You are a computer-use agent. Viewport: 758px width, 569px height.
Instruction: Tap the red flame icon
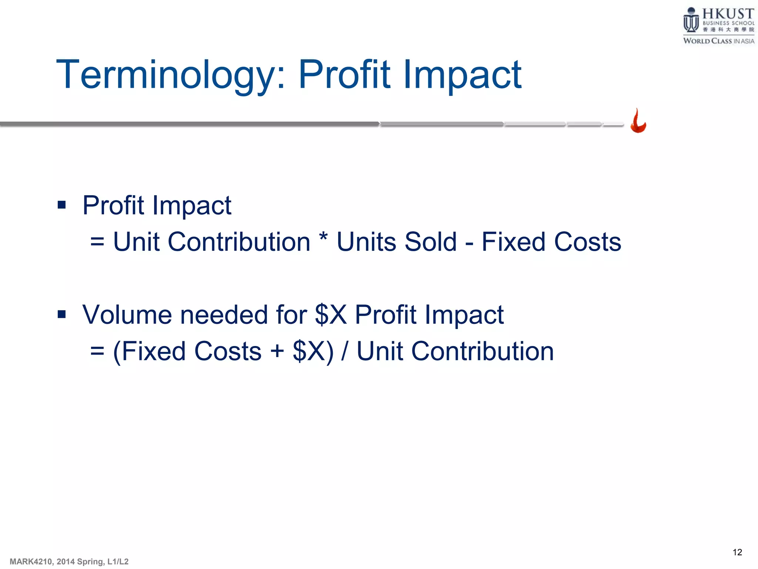tap(638, 121)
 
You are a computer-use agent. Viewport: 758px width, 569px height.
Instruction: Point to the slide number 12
tap(737, 552)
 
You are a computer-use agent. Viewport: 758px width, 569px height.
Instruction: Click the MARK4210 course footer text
tap(69, 562)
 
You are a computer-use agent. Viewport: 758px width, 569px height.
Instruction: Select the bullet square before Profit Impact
tap(62, 205)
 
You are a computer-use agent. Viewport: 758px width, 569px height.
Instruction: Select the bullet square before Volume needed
tap(62, 315)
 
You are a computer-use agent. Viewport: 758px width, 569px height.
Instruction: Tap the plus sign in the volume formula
tap(277, 351)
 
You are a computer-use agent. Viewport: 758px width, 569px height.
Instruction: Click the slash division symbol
tap(345, 351)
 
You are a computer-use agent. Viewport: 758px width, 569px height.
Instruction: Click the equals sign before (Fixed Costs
tap(97, 352)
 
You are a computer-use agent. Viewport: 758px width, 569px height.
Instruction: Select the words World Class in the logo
tap(707, 41)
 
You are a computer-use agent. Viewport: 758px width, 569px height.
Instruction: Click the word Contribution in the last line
tap(482, 351)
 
